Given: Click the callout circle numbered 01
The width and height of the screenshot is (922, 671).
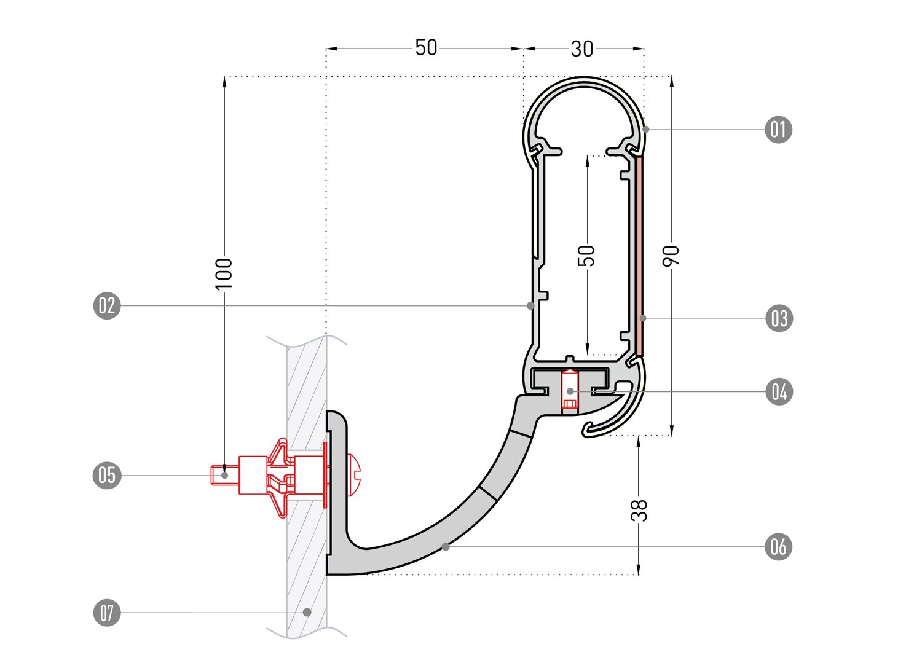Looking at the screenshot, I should tap(778, 130).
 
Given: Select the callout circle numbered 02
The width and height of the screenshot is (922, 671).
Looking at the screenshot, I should tap(107, 305).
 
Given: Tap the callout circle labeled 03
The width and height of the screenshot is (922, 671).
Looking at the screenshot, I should tap(779, 318).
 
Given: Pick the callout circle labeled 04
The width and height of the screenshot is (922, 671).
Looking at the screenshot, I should tap(779, 391).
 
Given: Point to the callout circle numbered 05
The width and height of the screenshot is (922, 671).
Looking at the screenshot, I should tap(107, 475).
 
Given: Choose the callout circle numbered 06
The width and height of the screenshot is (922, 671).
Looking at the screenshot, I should tap(778, 546).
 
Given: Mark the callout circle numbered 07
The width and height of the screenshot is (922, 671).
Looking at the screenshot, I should tap(107, 613).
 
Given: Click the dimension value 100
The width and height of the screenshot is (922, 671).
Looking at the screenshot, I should tap(224, 273).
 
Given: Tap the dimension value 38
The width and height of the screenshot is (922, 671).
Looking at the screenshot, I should tap(639, 510).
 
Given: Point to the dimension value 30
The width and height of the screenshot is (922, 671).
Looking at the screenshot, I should tap(582, 49).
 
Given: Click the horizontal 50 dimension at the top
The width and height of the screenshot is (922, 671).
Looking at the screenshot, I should tap(426, 48).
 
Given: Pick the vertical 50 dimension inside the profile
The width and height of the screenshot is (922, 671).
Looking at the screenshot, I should tap(588, 256).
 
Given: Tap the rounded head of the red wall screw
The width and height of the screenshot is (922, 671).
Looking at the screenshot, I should tap(356, 475).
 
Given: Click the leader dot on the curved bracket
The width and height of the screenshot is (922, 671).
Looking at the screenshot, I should tap(446, 546).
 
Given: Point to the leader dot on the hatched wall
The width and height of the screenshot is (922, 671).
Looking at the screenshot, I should tap(307, 612).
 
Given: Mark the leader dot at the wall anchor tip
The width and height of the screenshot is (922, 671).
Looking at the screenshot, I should tap(225, 475).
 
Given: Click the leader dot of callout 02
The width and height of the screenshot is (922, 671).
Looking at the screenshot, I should tap(530, 305).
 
